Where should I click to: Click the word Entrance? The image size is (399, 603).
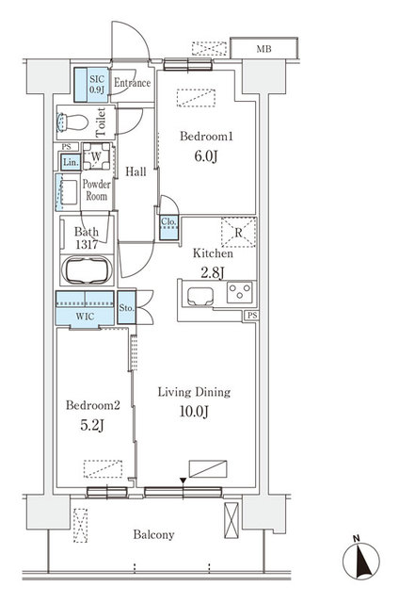pyautogui.click(x=132, y=83)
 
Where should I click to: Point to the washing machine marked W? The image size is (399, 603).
pyautogui.click(x=97, y=156)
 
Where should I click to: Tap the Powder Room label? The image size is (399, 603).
pyautogui.click(x=96, y=190)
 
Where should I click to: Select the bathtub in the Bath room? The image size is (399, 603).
pyautogui.click(x=87, y=270)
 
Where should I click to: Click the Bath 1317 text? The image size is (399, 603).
pyautogui.click(x=86, y=237)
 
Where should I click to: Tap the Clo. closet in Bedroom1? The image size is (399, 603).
pyautogui.click(x=169, y=224)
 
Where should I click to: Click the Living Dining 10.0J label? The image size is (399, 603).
pyautogui.click(x=194, y=399)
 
